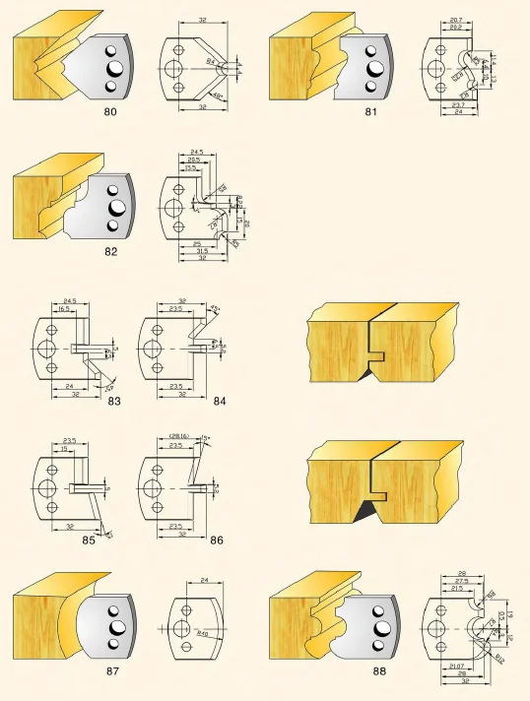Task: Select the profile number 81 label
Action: click(x=371, y=112)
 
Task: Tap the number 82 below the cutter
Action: click(x=110, y=251)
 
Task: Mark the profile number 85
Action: click(x=89, y=540)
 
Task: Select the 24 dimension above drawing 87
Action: click(x=203, y=581)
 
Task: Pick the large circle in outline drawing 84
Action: click(x=148, y=349)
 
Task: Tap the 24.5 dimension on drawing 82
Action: click(x=197, y=152)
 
